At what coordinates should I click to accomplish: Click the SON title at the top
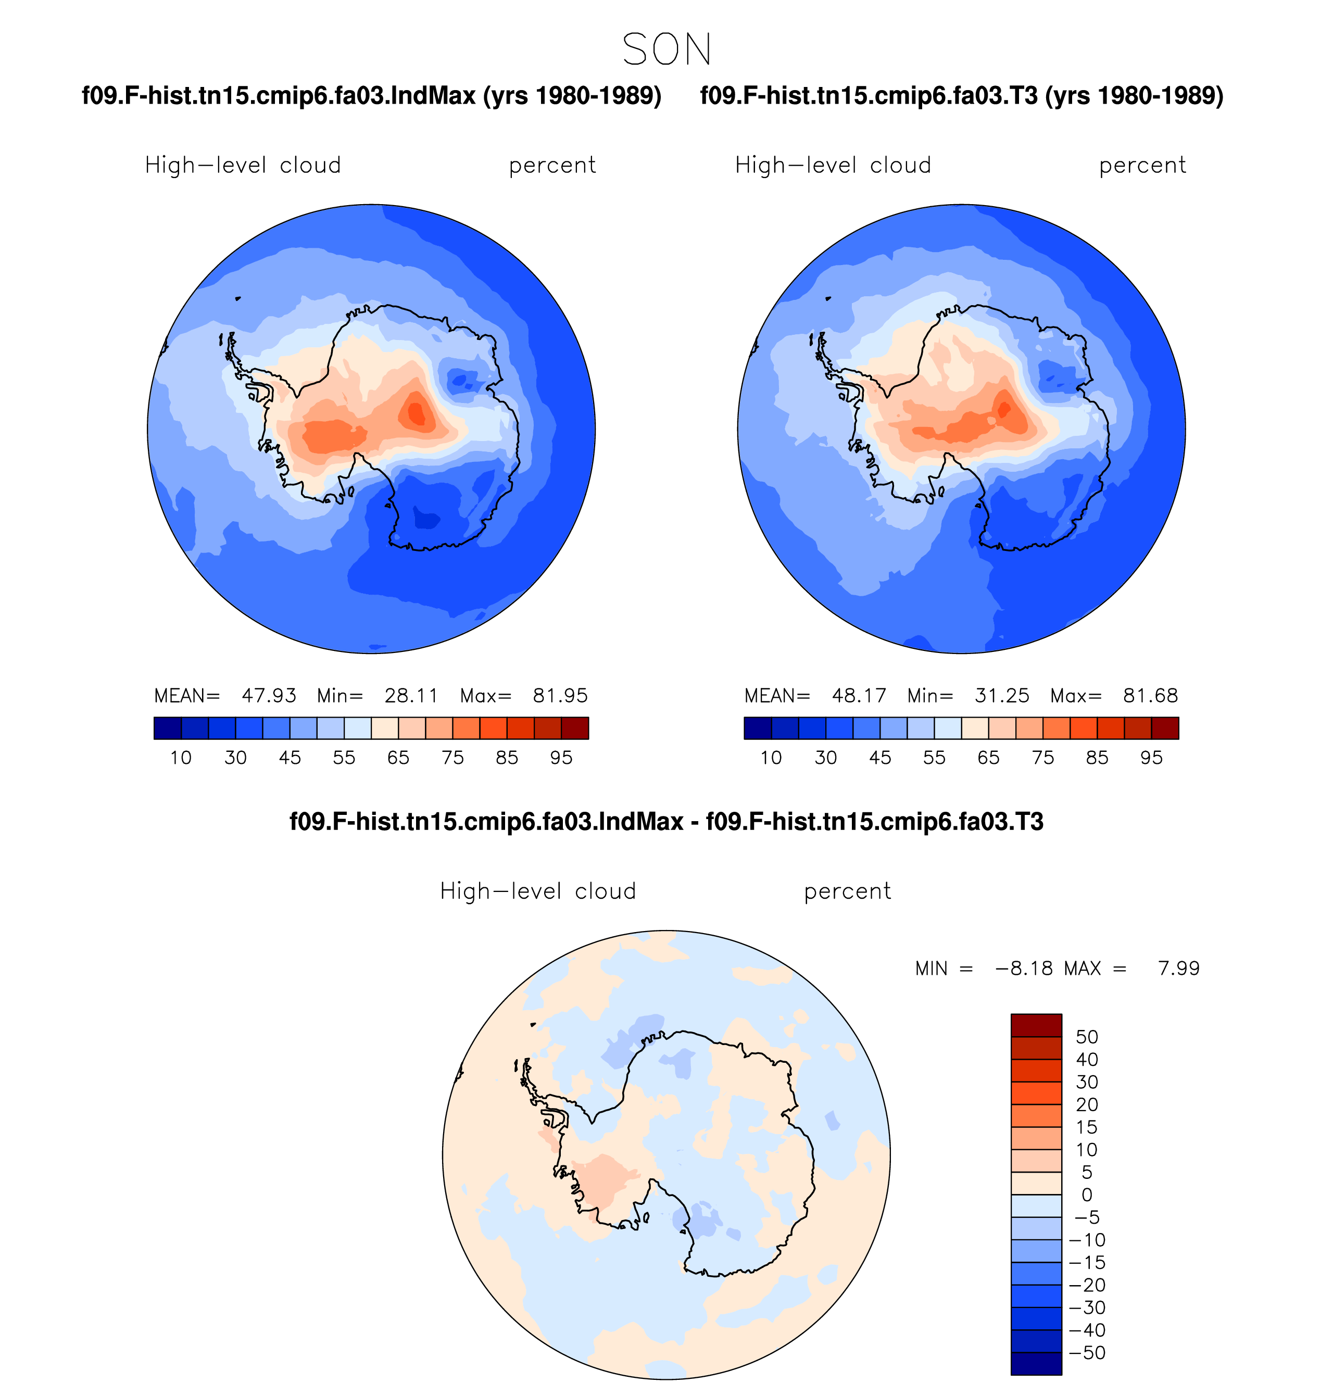pyautogui.click(x=666, y=49)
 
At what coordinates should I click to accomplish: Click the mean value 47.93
pyautogui.click(x=269, y=696)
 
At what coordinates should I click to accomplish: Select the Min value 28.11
pyautogui.click(x=411, y=696)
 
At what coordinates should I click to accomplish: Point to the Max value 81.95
pyautogui.click(x=560, y=696)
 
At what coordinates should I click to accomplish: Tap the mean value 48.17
pyautogui.click(x=859, y=696)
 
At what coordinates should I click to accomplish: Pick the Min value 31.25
pyautogui.click(x=1001, y=696)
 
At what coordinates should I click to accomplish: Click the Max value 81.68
pyautogui.click(x=1150, y=696)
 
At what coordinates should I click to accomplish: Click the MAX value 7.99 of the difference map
pyautogui.click(x=1178, y=968)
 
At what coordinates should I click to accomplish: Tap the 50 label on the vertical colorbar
pyautogui.click(x=1087, y=1037)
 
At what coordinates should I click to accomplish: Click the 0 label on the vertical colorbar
pyautogui.click(x=1087, y=1195)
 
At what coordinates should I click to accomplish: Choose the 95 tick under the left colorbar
pyautogui.click(x=561, y=758)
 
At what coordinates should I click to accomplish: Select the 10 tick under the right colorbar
pyautogui.click(x=771, y=758)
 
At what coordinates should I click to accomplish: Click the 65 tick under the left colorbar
pyautogui.click(x=398, y=758)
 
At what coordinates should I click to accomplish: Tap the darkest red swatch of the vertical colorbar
pyautogui.click(x=1036, y=1025)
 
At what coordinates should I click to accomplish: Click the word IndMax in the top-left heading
pyautogui.click(x=432, y=95)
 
